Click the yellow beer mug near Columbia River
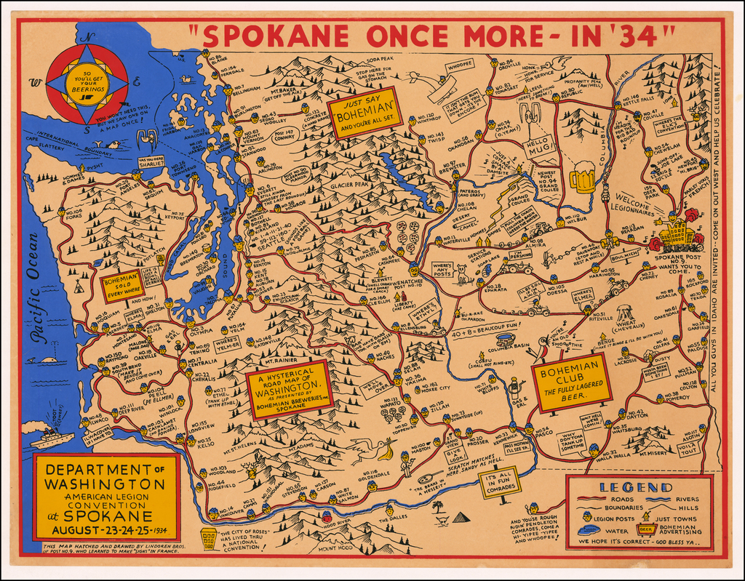(x=582, y=177)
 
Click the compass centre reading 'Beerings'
(x=87, y=84)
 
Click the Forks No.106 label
(x=73, y=213)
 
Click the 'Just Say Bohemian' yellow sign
(x=364, y=113)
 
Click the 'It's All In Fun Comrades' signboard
(x=500, y=481)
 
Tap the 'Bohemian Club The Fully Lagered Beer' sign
(x=571, y=383)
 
